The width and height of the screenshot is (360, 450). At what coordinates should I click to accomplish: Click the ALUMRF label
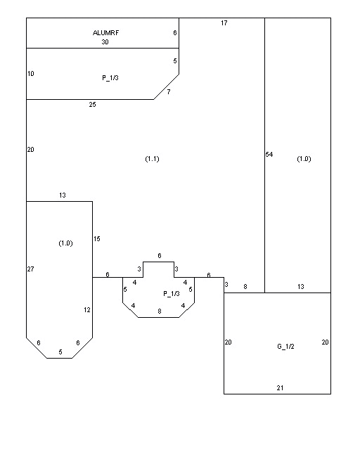[x=105, y=33]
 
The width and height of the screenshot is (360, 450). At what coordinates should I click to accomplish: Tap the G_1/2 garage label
[x=285, y=347]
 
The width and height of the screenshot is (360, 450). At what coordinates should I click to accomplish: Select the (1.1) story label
[x=152, y=159]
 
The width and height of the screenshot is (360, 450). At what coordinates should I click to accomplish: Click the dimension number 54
[x=269, y=155]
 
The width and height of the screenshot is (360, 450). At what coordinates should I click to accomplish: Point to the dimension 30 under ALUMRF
[x=105, y=42]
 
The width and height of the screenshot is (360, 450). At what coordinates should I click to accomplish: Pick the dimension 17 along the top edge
[x=224, y=23]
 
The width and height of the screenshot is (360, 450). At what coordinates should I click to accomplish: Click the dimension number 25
[x=92, y=105]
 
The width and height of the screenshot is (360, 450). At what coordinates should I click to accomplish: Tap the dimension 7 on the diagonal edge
[x=169, y=92]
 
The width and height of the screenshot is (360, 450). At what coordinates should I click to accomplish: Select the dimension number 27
[x=30, y=269]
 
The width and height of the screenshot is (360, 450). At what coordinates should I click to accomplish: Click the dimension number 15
[x=97, y=239]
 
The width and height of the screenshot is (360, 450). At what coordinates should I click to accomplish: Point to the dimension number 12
[x=87, y=310]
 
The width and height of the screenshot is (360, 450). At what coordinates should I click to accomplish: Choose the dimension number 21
[x=280, y=388]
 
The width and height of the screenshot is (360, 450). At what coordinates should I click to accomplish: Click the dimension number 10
[x=31, y=74]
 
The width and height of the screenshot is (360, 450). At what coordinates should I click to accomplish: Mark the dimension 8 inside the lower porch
[x=160, y=311]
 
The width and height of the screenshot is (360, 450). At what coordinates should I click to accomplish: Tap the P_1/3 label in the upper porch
[x=110, y=78]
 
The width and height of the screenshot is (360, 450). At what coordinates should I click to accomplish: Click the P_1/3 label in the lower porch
[x=172, y=294]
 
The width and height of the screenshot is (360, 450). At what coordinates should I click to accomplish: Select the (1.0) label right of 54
[x=304, y=159]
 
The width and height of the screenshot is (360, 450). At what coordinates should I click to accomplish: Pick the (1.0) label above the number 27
[x=65, y=243]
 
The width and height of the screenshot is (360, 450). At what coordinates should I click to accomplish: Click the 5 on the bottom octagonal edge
[x=60, y=352]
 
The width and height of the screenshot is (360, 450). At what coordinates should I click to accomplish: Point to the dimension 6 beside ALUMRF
[x=175, y=33]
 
